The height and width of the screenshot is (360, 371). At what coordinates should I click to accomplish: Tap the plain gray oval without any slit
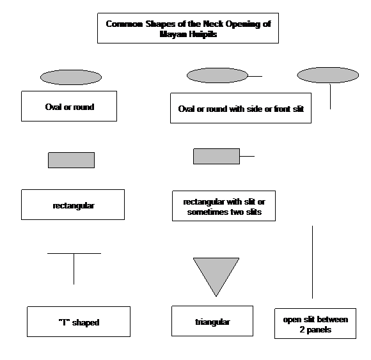click(x=71, y=77)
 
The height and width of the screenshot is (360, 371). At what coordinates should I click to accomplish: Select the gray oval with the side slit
click(x=217, y=75)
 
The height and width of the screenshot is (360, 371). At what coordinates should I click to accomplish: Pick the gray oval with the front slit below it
click(x=328, y=75)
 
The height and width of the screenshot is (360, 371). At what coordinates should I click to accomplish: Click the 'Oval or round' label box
click(x=69, y=106)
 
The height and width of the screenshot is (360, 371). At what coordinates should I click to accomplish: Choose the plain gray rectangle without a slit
click(x=71, y=160)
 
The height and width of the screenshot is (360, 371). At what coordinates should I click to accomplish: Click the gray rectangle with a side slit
click(x=216, y=156)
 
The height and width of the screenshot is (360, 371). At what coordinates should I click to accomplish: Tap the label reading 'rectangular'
click(x=73, y=205)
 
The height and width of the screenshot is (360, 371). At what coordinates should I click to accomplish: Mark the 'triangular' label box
click(x=212, y=321)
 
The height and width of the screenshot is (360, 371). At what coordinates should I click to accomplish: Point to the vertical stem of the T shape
click(x=74, y=269)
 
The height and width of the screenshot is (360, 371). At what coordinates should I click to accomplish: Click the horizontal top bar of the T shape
click(x=74, y=254)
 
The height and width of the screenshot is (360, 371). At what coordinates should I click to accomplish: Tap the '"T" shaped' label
click(x=79, y=322)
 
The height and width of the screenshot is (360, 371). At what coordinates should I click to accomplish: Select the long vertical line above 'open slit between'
click(x=312, y=262)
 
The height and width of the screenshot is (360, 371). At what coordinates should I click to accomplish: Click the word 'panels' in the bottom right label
click(x=319, y=330)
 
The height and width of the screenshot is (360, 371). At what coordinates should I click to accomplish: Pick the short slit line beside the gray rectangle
click(x=247, y=156)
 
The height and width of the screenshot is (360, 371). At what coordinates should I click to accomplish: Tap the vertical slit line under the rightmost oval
click(x=330, y=97)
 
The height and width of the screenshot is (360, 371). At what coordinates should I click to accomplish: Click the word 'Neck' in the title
click(x=213, y=24)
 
